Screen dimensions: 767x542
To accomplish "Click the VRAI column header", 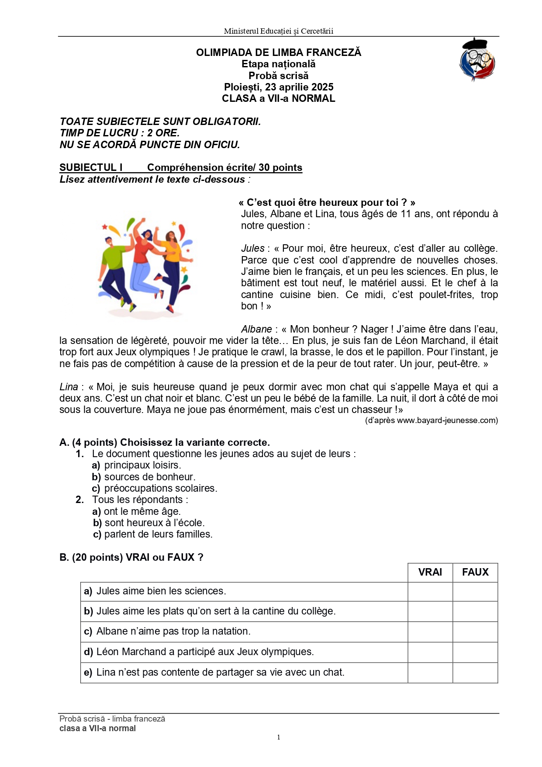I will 430,572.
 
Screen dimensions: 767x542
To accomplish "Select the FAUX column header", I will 475,572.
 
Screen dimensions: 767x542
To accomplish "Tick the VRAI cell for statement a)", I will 430,591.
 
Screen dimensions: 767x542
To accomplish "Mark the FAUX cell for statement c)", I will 475,632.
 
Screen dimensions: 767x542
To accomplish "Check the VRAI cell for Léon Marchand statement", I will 430,652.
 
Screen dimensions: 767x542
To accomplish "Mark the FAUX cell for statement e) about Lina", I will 475,672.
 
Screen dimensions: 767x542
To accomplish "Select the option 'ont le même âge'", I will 142,511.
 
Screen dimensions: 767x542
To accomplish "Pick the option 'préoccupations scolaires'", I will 160,488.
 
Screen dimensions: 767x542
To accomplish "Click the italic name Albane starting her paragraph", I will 256,329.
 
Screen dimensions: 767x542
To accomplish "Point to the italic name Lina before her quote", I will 69,387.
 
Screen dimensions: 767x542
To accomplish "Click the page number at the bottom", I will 279,737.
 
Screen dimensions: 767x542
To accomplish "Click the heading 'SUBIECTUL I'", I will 91,167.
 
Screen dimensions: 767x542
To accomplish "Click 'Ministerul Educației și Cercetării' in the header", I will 279,31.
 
